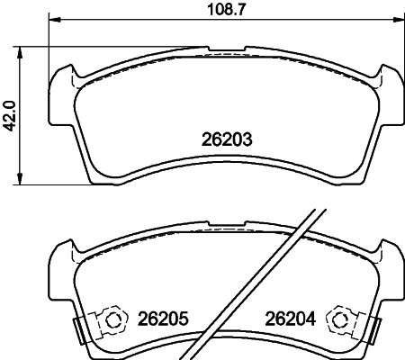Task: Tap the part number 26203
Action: click(222, 139)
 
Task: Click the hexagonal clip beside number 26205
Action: click(112, 319)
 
